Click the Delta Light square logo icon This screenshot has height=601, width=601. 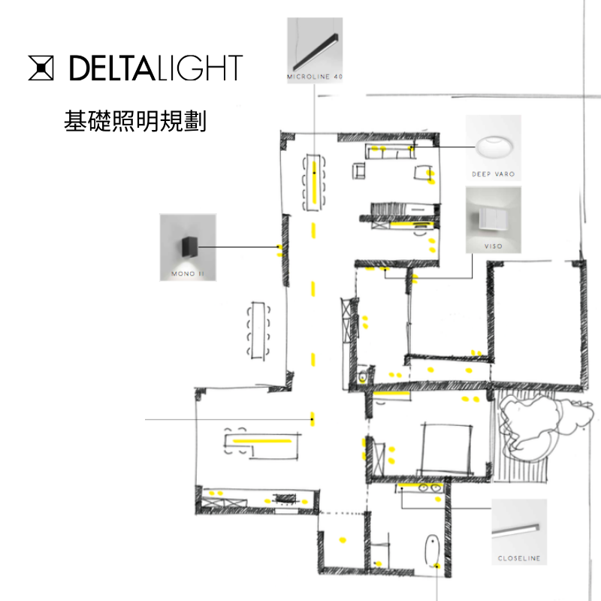[x=42, y=68]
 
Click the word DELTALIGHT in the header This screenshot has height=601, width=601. [x=156, y=68]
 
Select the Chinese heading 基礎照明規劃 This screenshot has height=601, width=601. [x=135, y=122]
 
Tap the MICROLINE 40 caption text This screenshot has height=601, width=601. [x=315, y=77]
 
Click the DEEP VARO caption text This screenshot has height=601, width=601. [x=494, y=174]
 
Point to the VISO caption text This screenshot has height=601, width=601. [x=494, y=246]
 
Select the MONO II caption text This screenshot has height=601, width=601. [x=187, y=274]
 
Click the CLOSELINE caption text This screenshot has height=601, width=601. [x=519, y=559]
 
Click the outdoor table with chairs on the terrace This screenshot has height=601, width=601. [x=259, y=330]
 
